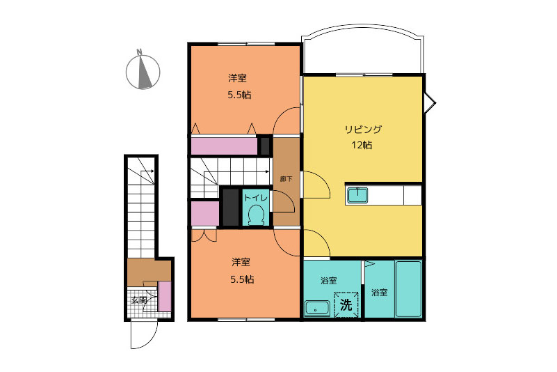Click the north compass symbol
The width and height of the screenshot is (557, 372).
click(143, 70)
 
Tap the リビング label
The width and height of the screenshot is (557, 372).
click(363, 129)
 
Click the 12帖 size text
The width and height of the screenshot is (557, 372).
click(362, 145)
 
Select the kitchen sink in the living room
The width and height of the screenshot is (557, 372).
click(357, 195)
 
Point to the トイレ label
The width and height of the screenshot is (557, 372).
click(255, 198)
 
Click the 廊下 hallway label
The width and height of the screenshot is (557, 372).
click(286, 179)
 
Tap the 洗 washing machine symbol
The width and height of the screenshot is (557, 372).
click(346, 304)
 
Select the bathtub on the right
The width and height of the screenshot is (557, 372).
click(408, 288)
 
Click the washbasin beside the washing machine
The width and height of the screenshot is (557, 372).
click(317, 309)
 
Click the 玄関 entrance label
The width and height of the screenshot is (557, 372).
click(139, 300)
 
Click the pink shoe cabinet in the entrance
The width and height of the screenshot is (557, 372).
click(165, 296)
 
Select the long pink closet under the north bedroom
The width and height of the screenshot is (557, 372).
click(224, 146)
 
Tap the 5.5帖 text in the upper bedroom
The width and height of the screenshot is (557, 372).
click(239, 95)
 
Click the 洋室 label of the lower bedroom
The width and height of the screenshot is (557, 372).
click(241, 263)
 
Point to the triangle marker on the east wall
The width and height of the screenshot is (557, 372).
click(430, 104)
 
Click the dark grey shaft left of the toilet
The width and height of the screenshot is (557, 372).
click(230, 208)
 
